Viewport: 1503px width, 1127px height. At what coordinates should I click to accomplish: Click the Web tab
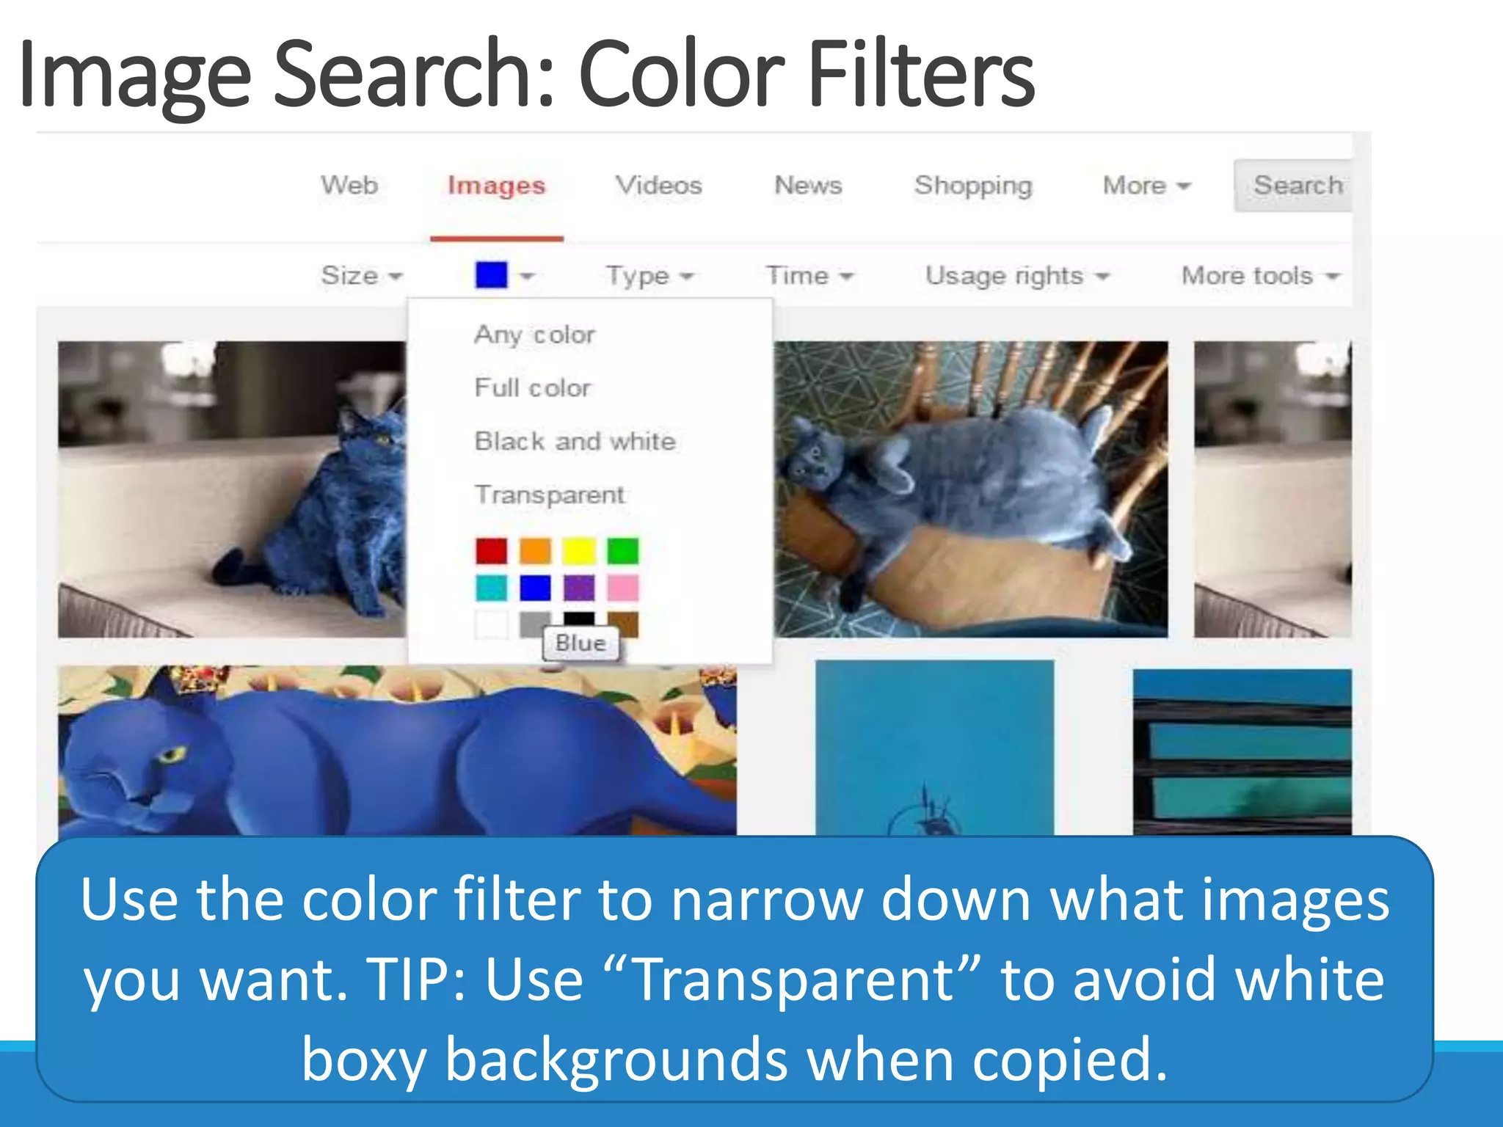click(349, 185)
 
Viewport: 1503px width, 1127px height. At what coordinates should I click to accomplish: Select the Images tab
click(497, 186)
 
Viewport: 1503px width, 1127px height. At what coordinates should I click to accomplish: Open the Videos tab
click(658, 185)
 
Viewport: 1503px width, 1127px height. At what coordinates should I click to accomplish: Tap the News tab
click(808, 185)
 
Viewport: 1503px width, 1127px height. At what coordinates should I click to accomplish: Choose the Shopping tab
click(973, 186)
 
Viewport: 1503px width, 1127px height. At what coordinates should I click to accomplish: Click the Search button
click(1296, 186)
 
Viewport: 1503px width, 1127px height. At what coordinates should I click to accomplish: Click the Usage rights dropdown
click(1016, 276)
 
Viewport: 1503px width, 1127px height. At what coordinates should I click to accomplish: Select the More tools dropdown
click(1259, 276)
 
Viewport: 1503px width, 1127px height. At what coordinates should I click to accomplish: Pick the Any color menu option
click(534, 335)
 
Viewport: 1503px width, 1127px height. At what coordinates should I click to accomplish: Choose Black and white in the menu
click(575, 441)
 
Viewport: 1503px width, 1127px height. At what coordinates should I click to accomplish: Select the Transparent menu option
click(550, 495)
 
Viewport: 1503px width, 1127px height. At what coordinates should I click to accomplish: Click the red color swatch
click(491, 550)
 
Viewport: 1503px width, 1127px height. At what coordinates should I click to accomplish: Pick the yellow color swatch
click(579, 550)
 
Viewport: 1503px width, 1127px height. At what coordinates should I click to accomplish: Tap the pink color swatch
click(623, 588)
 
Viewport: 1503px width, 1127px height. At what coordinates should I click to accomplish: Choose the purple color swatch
click(579, 588)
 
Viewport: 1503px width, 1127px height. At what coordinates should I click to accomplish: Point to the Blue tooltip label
click(581, 643)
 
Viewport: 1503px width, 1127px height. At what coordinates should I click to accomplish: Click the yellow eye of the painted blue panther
click(173, 754)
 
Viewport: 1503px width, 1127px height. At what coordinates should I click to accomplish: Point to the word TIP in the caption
click(415, 980)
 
